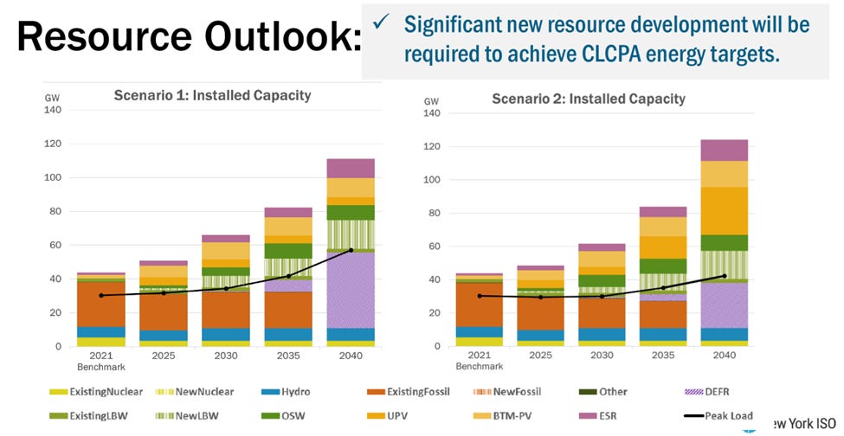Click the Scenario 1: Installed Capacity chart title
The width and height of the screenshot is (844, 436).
[x=212, y=96]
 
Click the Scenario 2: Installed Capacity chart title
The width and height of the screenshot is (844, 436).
[x=588, y=99]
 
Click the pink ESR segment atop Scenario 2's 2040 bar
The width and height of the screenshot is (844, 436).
[x=724, y=151]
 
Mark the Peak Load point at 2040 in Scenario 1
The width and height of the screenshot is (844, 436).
[x=350, y=250]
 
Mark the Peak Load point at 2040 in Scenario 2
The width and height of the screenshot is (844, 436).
[x=724, y=276]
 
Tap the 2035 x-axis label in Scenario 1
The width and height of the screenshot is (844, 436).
[x=289, y=356]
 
